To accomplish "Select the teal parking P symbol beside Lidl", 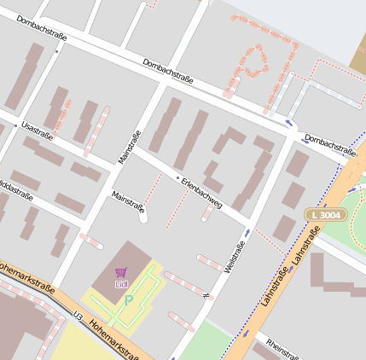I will (129, 300).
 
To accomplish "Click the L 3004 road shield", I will (325, 214).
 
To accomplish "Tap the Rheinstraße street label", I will (282, 347).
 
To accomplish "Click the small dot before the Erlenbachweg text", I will (178, 178).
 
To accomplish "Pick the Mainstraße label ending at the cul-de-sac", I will (129, 206).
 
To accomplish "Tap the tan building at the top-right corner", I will (357, 55).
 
